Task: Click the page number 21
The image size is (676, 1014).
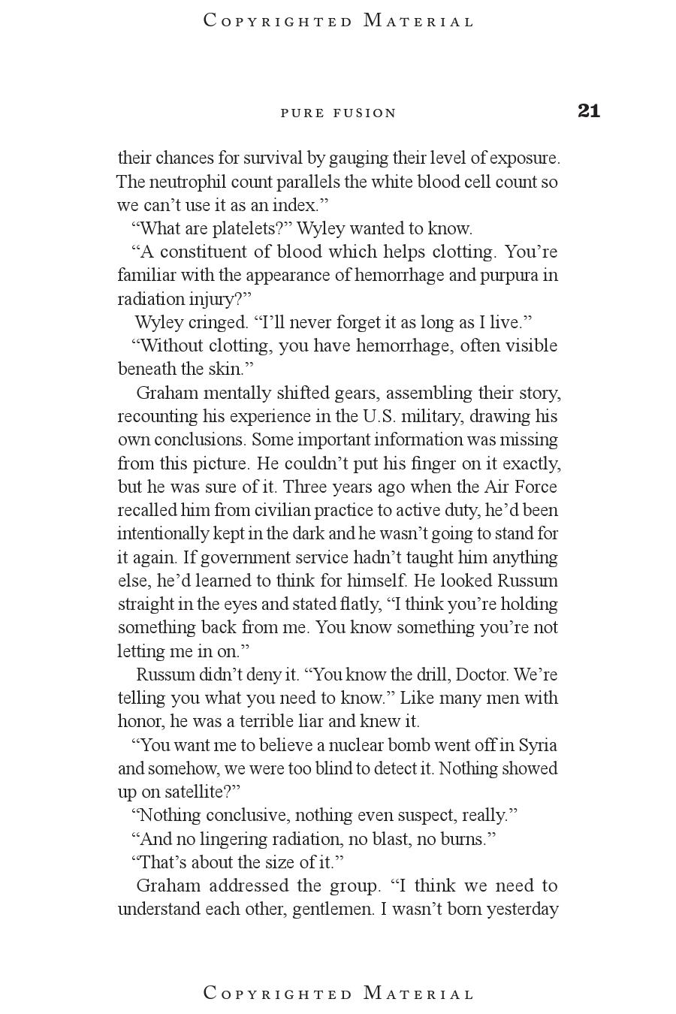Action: click(x=589, y=111)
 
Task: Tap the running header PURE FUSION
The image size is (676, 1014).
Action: click(x=338, y=113)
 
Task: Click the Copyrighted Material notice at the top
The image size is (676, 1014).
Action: click(x=339, y=21)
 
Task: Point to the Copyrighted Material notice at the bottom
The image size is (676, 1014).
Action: click(x=339, y=993)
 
